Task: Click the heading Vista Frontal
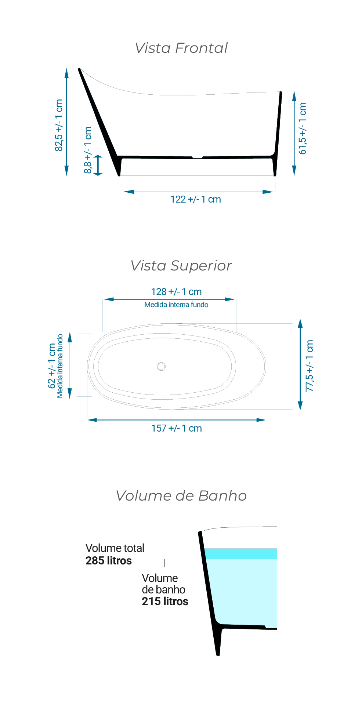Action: [x=181, y=48]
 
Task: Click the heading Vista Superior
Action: [x=181, y=266]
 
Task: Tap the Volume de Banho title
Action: [x=181, y=496]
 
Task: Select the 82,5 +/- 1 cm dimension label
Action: [x=59, y=125]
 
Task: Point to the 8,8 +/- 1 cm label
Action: [x=88, y=150]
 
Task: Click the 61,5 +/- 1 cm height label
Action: [x=302, y=128]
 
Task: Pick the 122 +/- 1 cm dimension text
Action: [x=196, y=199]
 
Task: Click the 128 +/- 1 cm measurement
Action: [x=176, y=292]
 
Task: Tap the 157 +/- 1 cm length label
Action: [x=177, y=428]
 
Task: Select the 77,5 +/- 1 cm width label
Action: [x=309, y=366]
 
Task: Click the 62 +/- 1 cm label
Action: [x=52, y=366]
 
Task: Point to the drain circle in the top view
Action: [x=161, y=366]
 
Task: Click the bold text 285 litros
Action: [x=109, y=561]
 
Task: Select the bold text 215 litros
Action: [x=165, y=602]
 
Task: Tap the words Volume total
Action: [x=115, y=548]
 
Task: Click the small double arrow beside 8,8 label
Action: [x=98, y=166]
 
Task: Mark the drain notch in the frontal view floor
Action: [x=198, y=158]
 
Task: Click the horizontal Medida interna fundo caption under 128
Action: [x=176, y=305]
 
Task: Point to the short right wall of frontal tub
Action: [x=278, y=134]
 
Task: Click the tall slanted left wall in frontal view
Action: [x=99, y=122]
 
